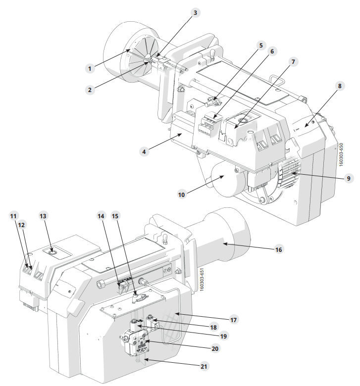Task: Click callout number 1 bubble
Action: (x=90, y=68)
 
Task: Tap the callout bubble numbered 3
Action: (x=195, y=12)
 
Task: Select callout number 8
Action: (x=340, y=86)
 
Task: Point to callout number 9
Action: (x=349, y=178)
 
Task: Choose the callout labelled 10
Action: (x=181, y=194)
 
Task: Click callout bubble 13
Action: (x=43, y=216)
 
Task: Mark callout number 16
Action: (x=278, y=249)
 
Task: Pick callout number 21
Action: (x=204, y=367)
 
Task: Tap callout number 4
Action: (x=144, y=151)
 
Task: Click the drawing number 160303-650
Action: (x=341, y=154)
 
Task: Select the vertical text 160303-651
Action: (x=202, y=280)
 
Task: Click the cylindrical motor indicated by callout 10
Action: (x=228, y=180)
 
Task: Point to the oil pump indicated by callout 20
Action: (x=137, y=341)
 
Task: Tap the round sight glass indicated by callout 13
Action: (x=52, y=252)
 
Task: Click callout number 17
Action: (x=233, y=320)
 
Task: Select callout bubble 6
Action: (x=272, y=51)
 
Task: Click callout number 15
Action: (x=115, y=216)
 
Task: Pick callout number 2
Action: (x=90, y=90)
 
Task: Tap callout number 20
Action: (x=215, y=348)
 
